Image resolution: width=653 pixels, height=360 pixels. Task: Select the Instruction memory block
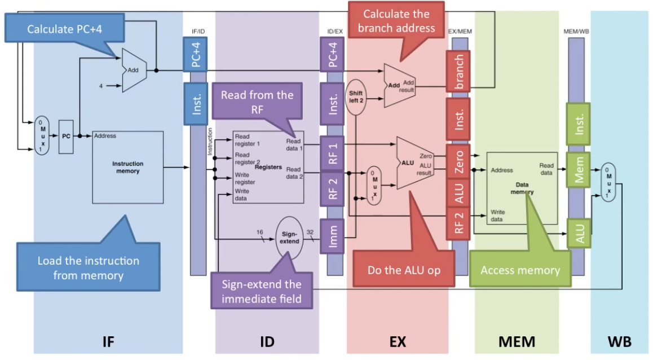128,167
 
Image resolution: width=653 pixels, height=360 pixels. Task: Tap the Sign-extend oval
289,236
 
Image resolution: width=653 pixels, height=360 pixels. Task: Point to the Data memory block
521,188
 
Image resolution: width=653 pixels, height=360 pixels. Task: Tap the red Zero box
459,161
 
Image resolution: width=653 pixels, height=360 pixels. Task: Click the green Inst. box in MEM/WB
578,122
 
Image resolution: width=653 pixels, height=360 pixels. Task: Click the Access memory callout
520,270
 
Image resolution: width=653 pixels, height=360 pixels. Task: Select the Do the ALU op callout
403,270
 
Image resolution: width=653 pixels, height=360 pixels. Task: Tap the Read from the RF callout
257,102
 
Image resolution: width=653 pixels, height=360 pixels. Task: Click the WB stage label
620,341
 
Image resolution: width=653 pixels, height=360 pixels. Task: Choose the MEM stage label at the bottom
517,341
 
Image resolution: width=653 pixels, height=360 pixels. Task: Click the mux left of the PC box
41,135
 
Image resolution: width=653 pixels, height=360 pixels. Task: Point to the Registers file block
268,167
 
